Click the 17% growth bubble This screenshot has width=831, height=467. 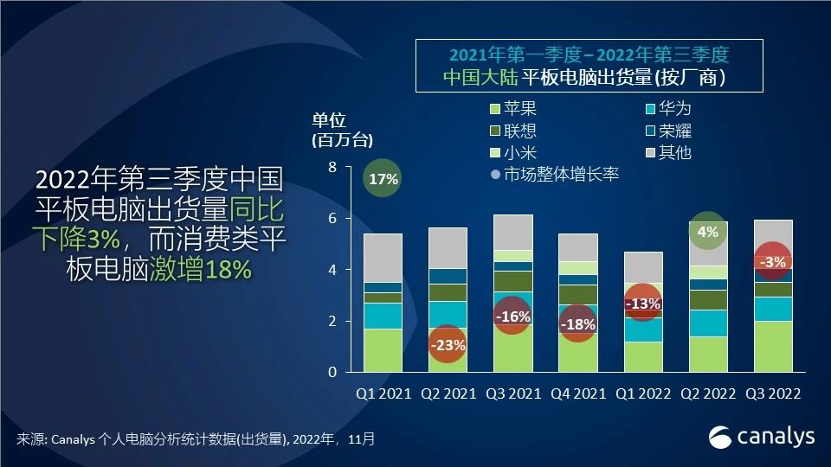pyautogui.click(x=382, y=179)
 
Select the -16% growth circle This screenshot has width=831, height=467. pyautogui.click(x=512, y=317)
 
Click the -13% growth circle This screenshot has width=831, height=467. pyautogui.click(x=642, y=304)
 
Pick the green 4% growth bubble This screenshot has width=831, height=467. pyautogui.click(x=707, y=232)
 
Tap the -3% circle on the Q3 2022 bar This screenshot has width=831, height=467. pyautogui.click(x=771, y=261)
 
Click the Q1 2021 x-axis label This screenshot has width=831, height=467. pyautogui.click(x=383, y=393)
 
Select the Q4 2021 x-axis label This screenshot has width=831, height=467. pyautogui.click(x=577, y=393)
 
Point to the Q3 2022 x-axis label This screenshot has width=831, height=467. pyautogui.click(x=772, y=393)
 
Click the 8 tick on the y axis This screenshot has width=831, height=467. pyautogui.click(x=332, y=167)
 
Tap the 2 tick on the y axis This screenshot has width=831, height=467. pyautogui.click(x=332, y=321)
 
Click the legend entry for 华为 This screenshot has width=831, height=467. pyautogui.click(x=667, y=110)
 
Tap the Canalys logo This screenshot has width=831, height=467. pyautogui.click(x=762, y=437)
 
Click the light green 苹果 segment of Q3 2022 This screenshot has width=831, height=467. pyautogui.click(x=772, y=347)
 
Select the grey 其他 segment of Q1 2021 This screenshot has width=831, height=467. pyautogui.click(x=383, y=258)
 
